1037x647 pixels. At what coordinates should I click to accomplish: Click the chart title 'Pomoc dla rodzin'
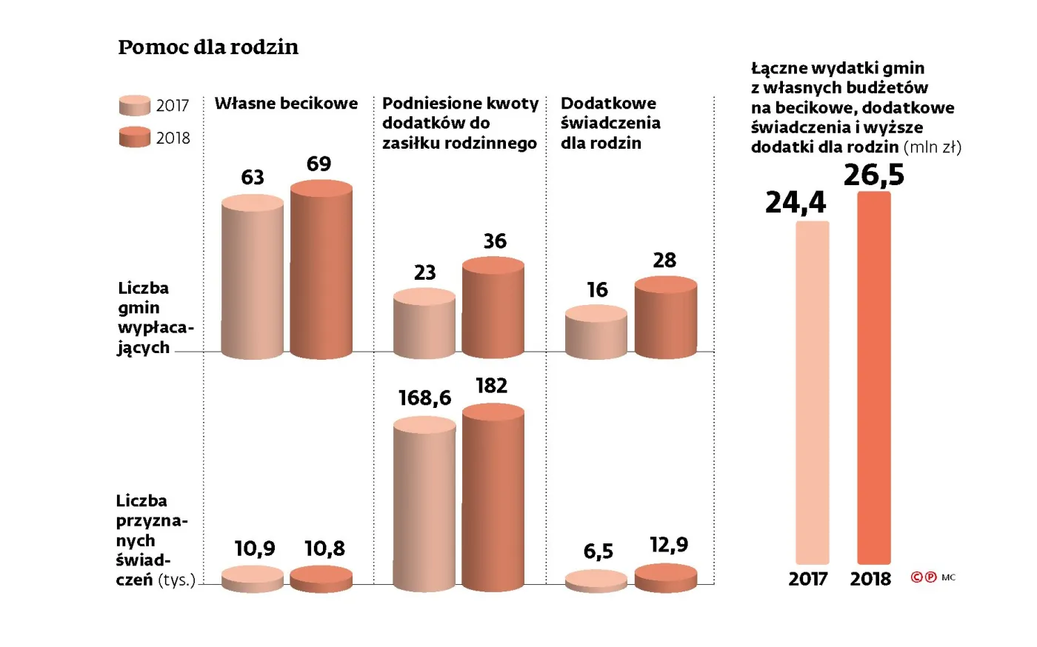click(208, 47)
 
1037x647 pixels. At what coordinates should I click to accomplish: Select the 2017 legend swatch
click(135, 106)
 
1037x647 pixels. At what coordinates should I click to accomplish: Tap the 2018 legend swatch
click(135, 138)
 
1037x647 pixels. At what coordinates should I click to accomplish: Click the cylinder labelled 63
click(253, 278)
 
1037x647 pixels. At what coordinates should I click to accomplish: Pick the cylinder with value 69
click(321, 270)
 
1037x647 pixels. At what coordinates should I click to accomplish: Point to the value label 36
click(495, 241)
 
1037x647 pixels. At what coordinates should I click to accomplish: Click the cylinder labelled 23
click(424, 324)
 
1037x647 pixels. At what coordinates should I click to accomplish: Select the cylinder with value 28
click(665, 318)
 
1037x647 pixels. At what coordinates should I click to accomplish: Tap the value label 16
click(597, 290)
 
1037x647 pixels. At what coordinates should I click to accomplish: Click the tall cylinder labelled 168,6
click(424, 503)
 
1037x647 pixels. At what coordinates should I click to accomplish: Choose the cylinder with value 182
click(493, 497)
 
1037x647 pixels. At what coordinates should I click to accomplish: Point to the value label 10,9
click(255, 549)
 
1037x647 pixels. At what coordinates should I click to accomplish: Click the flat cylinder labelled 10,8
click(321, 579)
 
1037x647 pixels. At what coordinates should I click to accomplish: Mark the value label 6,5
click(598, 552)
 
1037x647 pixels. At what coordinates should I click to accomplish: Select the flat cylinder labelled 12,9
click(666, 578)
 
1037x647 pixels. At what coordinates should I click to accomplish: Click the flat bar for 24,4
click(812, 392)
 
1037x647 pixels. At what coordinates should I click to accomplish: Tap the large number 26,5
click(874, 175)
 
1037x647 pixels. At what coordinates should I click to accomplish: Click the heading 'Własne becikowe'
click(286, 104)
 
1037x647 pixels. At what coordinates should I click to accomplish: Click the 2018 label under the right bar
click(870, 579)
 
